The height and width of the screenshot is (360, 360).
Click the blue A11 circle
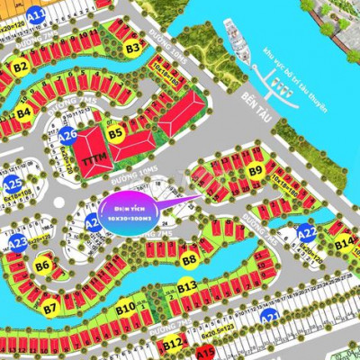coord(37,15)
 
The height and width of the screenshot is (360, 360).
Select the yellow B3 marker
coord(133,47)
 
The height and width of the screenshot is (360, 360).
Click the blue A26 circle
coord(68,135)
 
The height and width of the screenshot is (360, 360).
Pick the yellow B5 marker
coord(115,134)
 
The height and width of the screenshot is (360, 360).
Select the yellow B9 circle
coord(256,170)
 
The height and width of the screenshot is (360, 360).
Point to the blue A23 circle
coord(18,243)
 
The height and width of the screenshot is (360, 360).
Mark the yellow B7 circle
coord(50,308)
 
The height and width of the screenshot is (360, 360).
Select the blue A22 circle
coord(306,233)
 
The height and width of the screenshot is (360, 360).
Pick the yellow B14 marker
coord(343,243)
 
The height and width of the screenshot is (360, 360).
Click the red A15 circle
coord(205,351)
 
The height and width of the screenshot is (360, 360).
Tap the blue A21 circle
coord(268,318)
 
